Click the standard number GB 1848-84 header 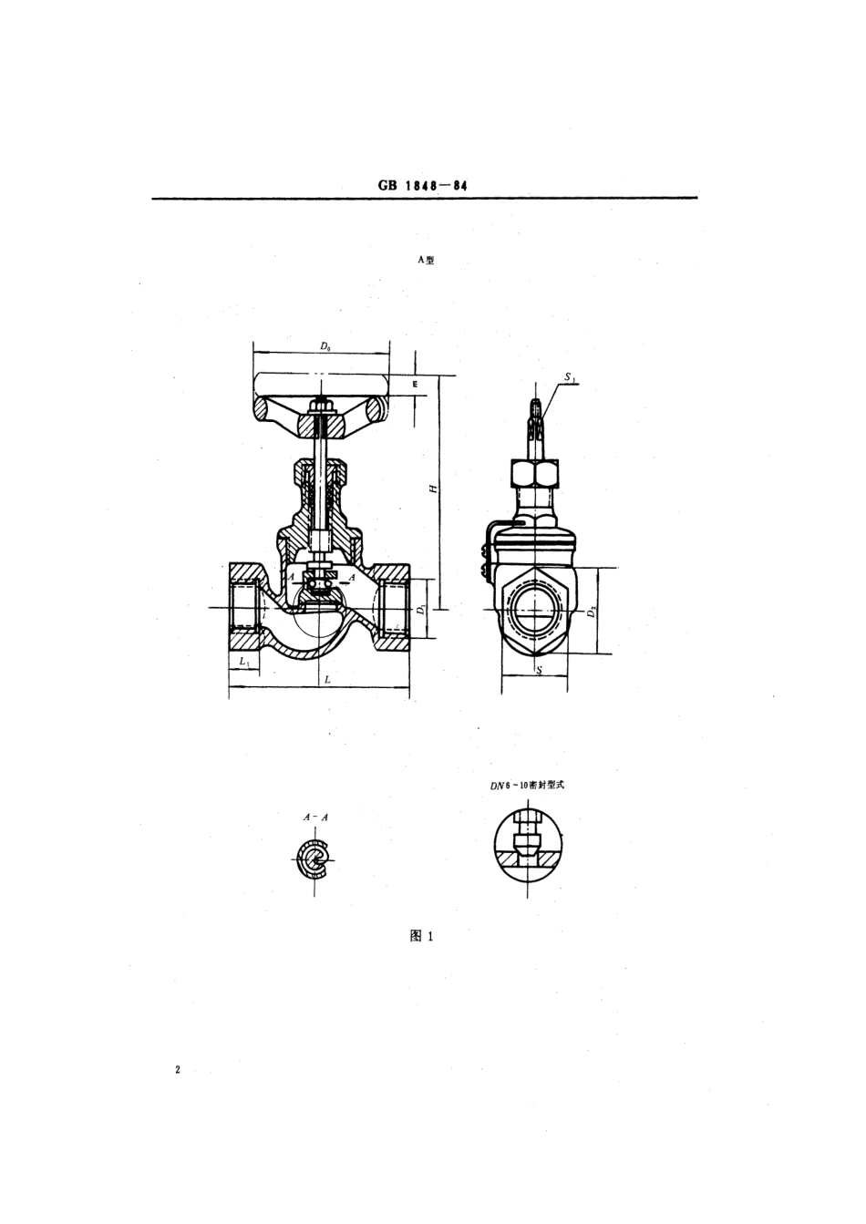pyautogui.click(x=422, y=185)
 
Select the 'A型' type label pyautogui.click(x=426, y=260)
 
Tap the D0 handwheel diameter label pyautogui.click(x=325, y=346)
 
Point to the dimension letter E pyautogui.click(x=413, y=386)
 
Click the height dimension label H pyautogui.click(x=435, y=488)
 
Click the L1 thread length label pyautogui.click(x=243, y=661)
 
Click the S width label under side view pyautogui.click(x=538, y=671)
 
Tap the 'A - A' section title pyautogui.click(x=315, y=818)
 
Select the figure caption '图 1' pyautogui.click(x=421, y=936)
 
